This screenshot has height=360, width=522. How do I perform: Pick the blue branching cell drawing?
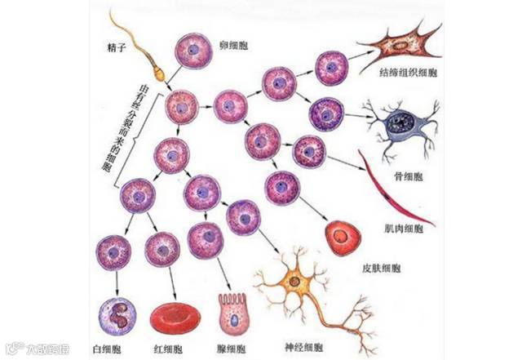(x=401, y=125)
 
